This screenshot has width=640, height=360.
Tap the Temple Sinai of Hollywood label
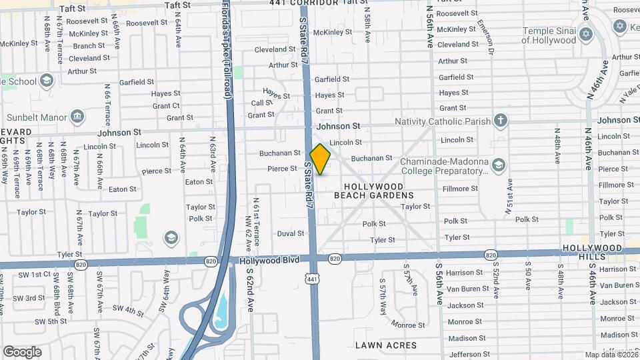pyautogui.click(x=548, y=35)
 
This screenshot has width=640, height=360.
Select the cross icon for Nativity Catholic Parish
pyautogui.click(x=501, y=121)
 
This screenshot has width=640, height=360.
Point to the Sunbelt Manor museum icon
pyautogui.click(x=78, y=118)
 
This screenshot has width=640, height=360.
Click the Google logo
pyautogui.click(x=22, y=351)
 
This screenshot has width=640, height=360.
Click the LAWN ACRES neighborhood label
pyautogui.click(x=386, y=345)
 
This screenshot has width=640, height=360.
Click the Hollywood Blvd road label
pyautogui.click(x=264, y=262)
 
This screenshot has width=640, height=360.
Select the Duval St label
pyautogui.click(x=291, y=233)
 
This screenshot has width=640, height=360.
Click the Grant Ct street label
pyautogui.click(x=166, y=105)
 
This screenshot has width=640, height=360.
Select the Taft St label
pyautogui.click(x=91, y=9)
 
